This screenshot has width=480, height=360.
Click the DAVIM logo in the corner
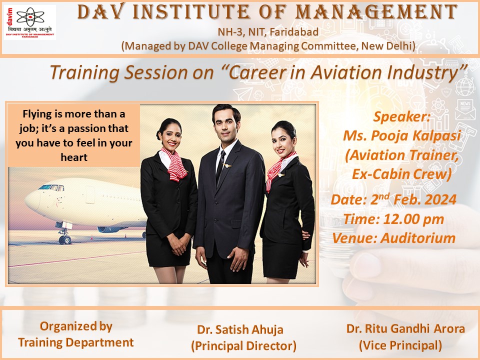[29, 22]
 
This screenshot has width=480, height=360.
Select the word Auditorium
[418, 238]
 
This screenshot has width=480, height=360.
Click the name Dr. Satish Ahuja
[240, 329]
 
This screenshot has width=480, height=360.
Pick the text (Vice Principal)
[400, 345]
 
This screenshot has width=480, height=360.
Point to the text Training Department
[75, 342]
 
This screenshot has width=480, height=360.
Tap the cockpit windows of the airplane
[51, 187]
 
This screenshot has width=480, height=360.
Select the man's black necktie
[220, 167]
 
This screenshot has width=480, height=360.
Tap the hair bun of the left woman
[159, 134]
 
